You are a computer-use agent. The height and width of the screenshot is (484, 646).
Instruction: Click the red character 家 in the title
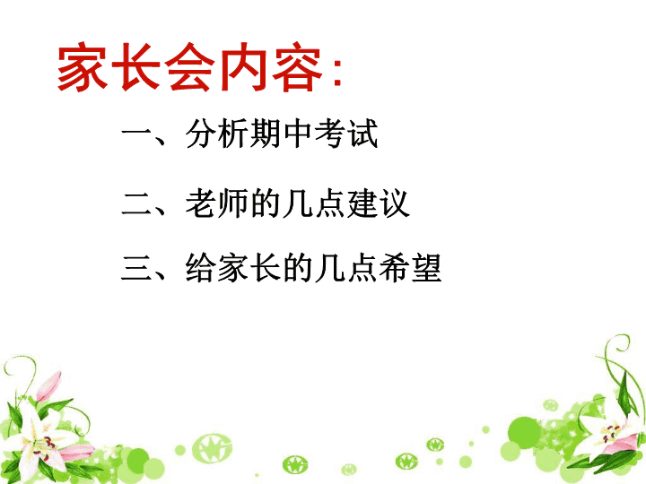[x=83, y=66]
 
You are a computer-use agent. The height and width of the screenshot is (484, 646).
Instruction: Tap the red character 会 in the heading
[x=190, y=66]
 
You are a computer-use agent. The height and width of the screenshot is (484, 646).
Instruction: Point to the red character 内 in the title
[x=244, y=66]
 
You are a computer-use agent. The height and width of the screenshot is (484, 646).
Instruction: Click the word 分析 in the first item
[x=217, y=134]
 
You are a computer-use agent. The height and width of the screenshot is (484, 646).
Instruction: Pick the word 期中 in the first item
[x=281, y=134]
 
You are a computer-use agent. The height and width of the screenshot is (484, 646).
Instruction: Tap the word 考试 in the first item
[x=346, y=134]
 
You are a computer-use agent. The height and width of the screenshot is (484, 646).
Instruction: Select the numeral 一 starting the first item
[x=137, y=134]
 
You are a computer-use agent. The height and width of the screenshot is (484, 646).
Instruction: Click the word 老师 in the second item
[x=217, y=203]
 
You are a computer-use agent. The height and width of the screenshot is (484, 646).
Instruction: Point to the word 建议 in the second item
[x=379, y=203]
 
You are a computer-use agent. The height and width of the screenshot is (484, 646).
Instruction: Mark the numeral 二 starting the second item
[x=137, y=203]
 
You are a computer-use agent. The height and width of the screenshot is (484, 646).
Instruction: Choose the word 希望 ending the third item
[x=410, y=268]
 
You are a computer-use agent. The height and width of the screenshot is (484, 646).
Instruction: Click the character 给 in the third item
[x=201, y=268]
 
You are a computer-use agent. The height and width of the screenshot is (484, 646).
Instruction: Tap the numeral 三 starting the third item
[x=137, y=268]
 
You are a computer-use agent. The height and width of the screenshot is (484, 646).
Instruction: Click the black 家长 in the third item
[x=249, y=268]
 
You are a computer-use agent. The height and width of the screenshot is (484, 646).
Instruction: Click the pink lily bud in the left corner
[x=49, y=386]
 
